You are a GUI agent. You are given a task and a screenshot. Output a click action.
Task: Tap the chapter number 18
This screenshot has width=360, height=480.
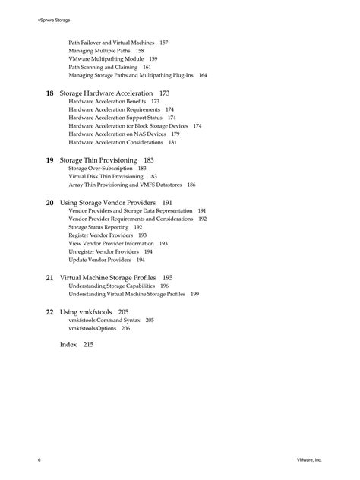tap(49, 93)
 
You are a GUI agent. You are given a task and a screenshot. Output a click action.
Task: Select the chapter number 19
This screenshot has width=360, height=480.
tap(49, 160)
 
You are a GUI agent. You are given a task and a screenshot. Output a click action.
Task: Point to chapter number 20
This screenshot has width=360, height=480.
tap(49, 203)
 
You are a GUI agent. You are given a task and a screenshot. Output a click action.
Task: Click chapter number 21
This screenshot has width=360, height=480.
tap(49, 278)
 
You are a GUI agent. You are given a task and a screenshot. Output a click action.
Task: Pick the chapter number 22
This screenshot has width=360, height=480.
tap(49, 311)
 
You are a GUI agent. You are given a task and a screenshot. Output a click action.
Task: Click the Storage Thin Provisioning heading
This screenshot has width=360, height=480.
tap(98, 160)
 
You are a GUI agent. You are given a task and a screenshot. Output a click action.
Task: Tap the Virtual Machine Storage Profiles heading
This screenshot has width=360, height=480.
tap(108, 278)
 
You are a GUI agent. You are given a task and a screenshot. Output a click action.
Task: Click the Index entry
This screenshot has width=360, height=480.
tap(68, 344)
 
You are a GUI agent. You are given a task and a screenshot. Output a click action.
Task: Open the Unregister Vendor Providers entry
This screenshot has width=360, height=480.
tap(103, 251)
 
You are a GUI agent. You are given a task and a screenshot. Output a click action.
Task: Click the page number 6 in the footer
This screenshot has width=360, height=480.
tap(39, 460)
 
